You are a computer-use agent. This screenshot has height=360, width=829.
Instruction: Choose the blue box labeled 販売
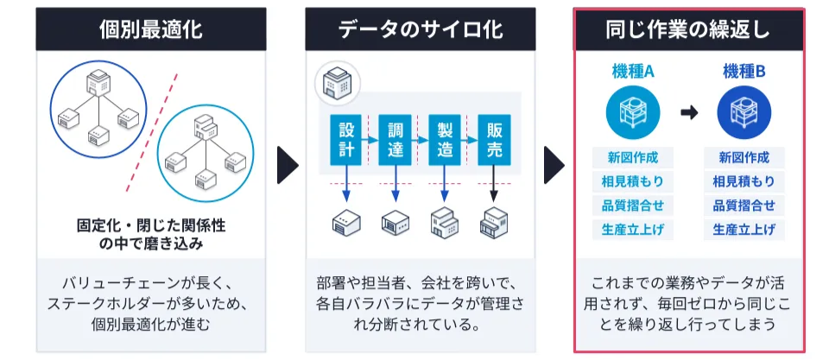[494, 139]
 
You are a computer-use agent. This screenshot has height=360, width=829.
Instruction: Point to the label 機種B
[744, 73]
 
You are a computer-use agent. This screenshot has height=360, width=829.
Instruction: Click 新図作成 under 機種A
[633, 158]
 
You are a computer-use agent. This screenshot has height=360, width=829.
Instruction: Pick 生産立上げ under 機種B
[744, 230]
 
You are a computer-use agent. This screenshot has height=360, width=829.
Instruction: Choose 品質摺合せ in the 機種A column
[633, 205]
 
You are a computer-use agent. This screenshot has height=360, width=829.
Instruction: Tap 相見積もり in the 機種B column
[744, 182]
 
